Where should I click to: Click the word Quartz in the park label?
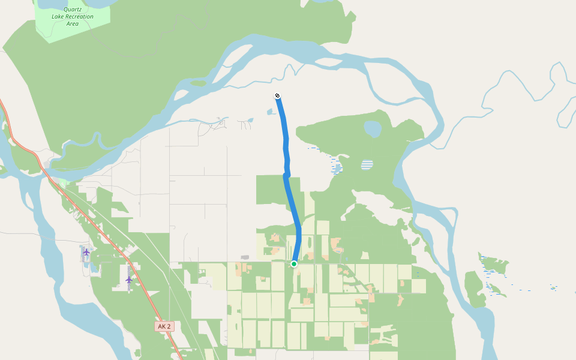73,9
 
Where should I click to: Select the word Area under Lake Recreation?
72,23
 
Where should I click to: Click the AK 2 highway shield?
163,326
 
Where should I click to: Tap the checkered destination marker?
277,95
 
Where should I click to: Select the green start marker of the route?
294,264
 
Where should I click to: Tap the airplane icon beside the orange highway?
128,280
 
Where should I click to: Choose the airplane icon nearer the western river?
86,252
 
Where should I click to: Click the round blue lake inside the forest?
372,128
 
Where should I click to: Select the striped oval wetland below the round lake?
367,164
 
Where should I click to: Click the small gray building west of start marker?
245,257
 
